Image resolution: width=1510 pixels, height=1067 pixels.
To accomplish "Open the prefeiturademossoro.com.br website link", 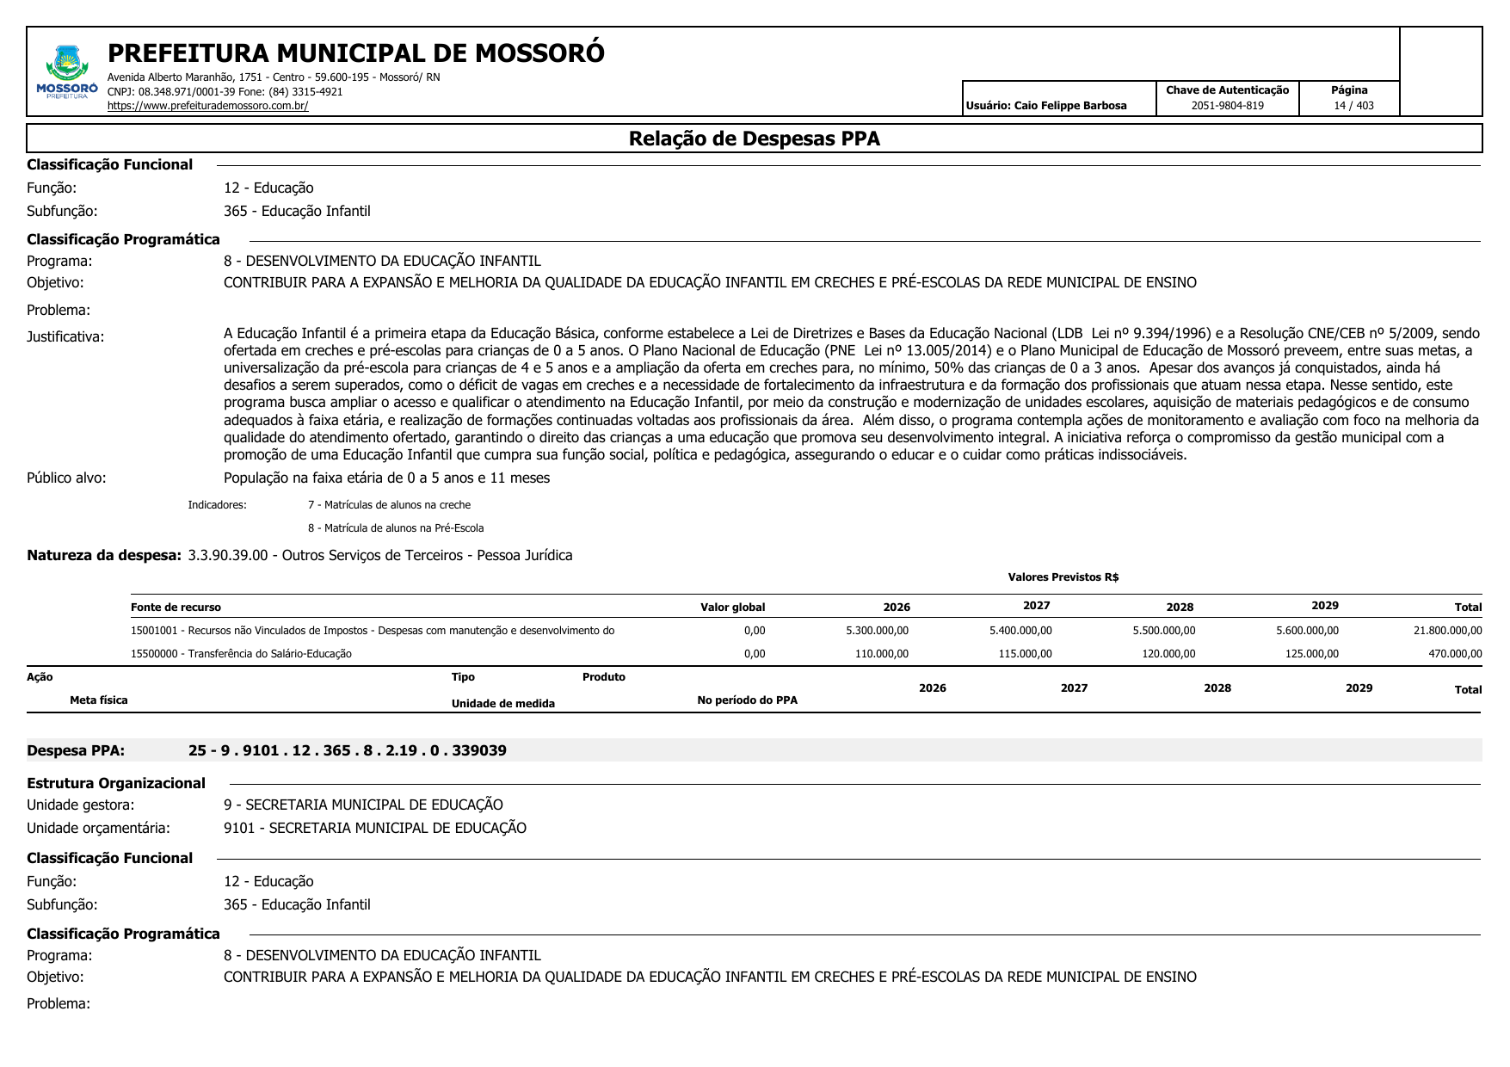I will [x=207, y=106].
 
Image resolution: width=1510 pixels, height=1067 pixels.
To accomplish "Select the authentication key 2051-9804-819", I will [x=1227, y=106].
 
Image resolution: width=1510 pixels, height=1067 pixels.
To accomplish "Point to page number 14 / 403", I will [x=1353, y=106].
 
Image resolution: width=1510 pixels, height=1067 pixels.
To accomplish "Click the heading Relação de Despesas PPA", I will [x=754, y=139].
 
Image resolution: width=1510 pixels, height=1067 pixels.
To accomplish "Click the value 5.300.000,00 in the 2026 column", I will [x=877, y=631].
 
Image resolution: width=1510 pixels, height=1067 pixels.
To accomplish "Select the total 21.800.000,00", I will [x=1447, y=631].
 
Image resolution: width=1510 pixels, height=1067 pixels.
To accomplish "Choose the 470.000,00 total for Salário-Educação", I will [x=1455, y=654].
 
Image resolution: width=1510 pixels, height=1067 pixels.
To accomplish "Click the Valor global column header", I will [x=732, y=608].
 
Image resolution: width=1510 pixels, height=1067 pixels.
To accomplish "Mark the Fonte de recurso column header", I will [x=176, y=608].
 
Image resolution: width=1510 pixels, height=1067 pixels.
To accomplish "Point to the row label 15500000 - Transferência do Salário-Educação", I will [x=241, y=654].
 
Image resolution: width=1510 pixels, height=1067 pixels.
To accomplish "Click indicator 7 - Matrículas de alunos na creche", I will [x=389, y=505].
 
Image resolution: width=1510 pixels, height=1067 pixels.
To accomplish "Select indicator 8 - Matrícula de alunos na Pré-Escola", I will [x=396, y=528].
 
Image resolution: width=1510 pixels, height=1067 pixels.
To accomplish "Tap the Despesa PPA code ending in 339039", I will [x=347, y=750].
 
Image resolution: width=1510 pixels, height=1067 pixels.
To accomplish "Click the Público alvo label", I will [x=66, y=478].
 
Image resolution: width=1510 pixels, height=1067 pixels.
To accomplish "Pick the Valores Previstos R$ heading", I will [x=1063, y=577].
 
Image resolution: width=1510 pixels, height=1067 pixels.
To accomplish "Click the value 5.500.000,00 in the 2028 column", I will [x=1163, y=631].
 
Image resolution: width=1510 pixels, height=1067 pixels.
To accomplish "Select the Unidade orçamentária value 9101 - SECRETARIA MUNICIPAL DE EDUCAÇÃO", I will [x=374, y=828].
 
